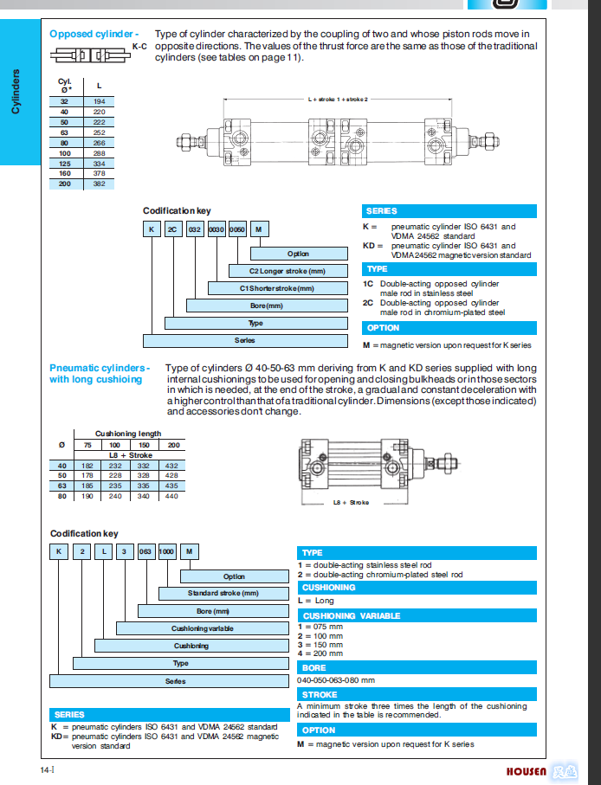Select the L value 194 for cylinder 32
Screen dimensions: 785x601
pos(99,100)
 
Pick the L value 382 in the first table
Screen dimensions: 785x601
pos(99,184)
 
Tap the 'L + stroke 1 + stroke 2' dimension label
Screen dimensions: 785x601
pos(338,100)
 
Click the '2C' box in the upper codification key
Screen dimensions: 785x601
pos(171,228)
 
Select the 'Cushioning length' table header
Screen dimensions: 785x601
pos(128,433)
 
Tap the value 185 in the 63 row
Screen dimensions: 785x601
pos(87,486)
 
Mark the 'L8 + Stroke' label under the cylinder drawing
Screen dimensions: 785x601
pos(351,502)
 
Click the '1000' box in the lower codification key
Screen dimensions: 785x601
pos(167,551)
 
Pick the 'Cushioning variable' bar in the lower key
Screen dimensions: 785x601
pos(202,628)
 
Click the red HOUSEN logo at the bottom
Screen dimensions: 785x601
pos(527,770)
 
